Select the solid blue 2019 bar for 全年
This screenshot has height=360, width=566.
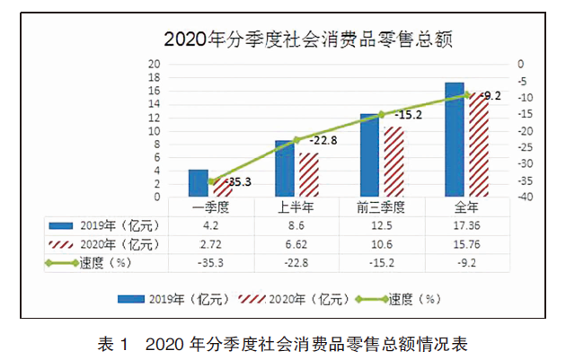(x=455, y=139)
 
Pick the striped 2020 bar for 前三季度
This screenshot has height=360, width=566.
(x=394, y=162)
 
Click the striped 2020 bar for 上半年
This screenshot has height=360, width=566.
(x=308, y=175)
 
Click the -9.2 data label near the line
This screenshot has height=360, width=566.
(x=491, y=95)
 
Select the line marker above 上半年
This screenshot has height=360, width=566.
(x=297, y=139)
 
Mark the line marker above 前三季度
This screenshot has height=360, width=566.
(x=382, y=114)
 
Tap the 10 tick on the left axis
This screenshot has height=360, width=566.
(x=155, y=131)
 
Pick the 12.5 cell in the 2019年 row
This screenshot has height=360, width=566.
(x=382, y=225)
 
